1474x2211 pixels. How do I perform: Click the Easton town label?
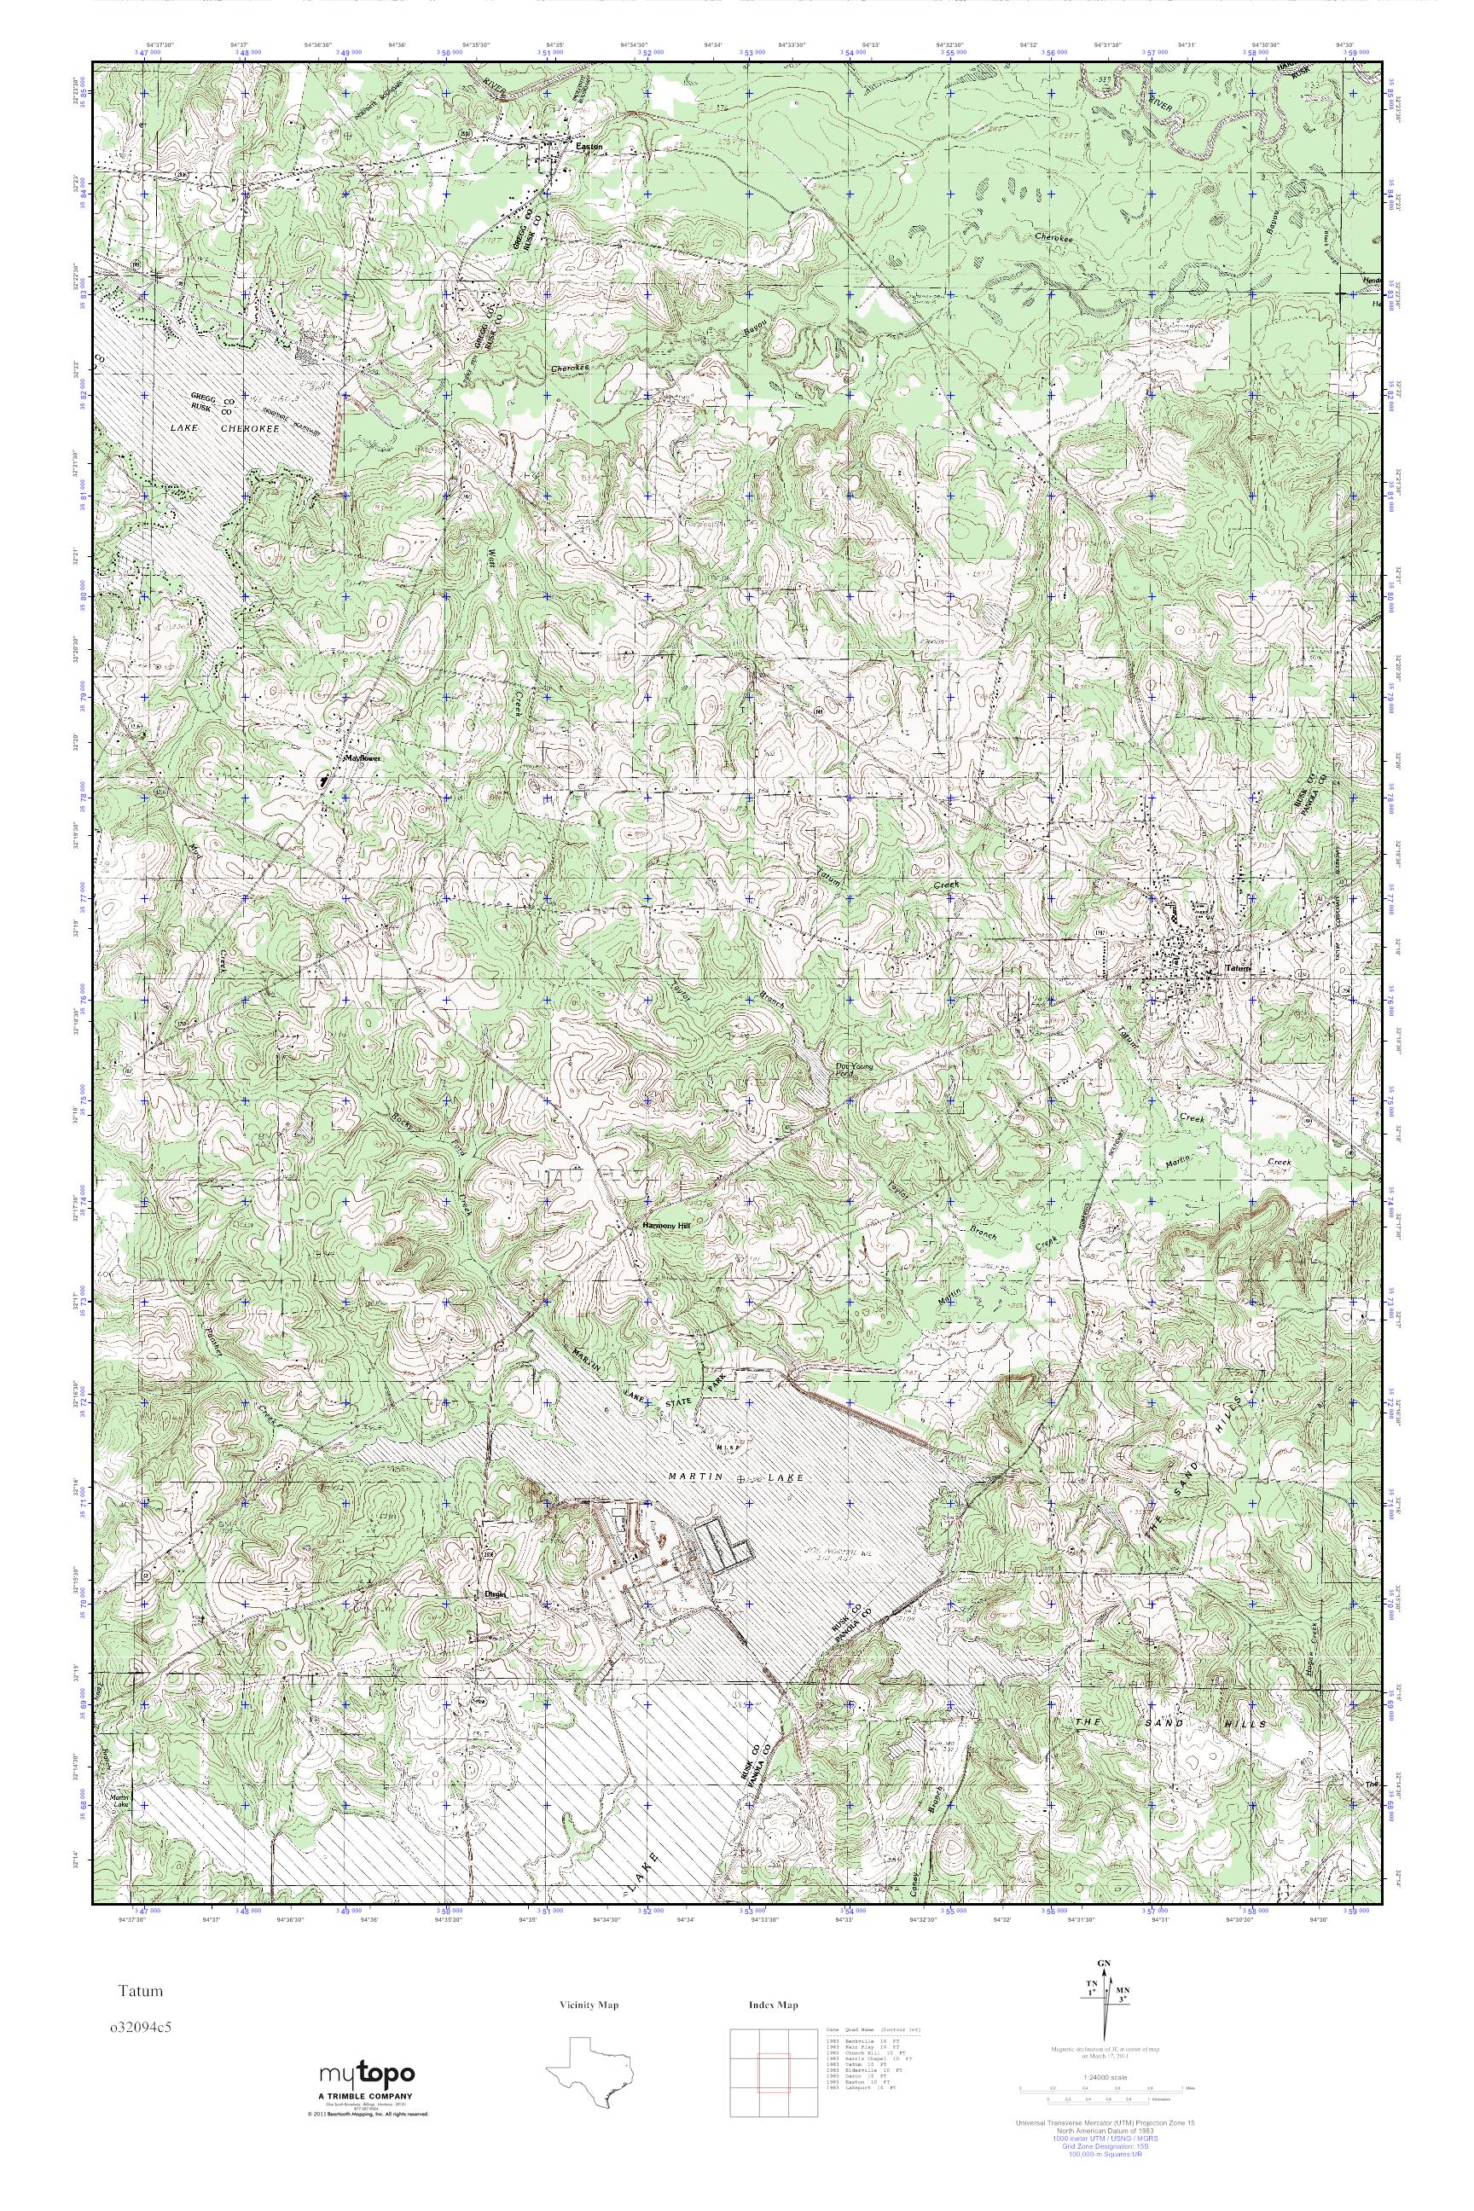589,147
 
